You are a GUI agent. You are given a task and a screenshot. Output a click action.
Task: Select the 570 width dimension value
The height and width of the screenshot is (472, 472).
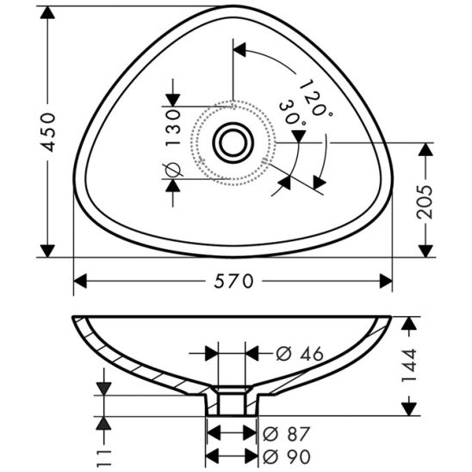234,282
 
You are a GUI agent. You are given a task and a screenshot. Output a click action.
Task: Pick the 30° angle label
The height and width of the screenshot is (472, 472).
292,115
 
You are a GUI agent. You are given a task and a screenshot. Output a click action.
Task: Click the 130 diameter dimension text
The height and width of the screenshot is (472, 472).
172,127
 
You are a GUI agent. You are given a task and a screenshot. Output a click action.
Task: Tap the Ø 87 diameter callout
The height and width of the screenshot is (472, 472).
287,433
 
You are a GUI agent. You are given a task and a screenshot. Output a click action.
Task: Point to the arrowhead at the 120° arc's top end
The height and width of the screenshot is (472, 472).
242,50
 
